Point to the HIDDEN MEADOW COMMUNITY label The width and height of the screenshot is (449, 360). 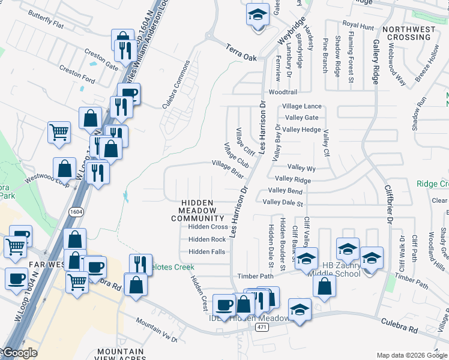click(x=197, y=211)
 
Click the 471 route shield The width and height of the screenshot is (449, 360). click(x=261, y=326)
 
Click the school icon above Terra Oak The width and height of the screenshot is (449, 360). click(x=258, y=14)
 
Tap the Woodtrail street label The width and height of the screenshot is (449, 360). click(x=283, y=92)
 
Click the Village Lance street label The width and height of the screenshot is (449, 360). click(x=302, y=106)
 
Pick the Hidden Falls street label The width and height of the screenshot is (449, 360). click(x=207, y=251)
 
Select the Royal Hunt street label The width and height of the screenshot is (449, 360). click(x=358, y=25)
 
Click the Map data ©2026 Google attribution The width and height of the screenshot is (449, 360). click(x=412, y=355)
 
